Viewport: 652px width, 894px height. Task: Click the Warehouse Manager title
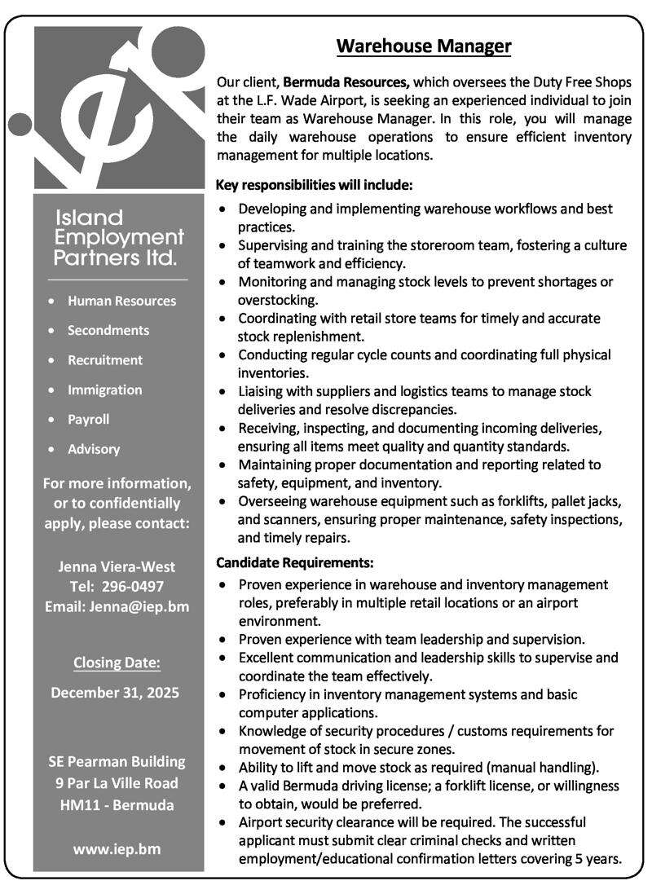pos(424,46)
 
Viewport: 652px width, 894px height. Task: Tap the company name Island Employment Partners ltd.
pos(119,238)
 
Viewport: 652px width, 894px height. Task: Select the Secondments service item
pos(108,330)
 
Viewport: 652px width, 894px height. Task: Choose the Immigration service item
pos(104,390)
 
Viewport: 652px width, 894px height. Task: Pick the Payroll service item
pos(88,420)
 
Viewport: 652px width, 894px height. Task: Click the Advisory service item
pos(94,449)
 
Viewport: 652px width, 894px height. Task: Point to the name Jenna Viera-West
pos(117,566)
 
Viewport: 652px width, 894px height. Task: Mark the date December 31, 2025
pos(115,693)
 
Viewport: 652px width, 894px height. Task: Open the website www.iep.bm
pos(117,848)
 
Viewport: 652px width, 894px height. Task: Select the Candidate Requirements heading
pos(295,562)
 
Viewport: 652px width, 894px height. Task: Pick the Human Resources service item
pos(121,301)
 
